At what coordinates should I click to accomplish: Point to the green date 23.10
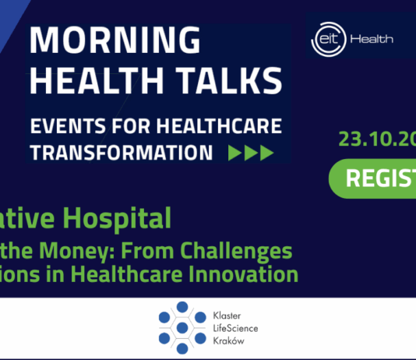pyautogui.click(x=366, y=139)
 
